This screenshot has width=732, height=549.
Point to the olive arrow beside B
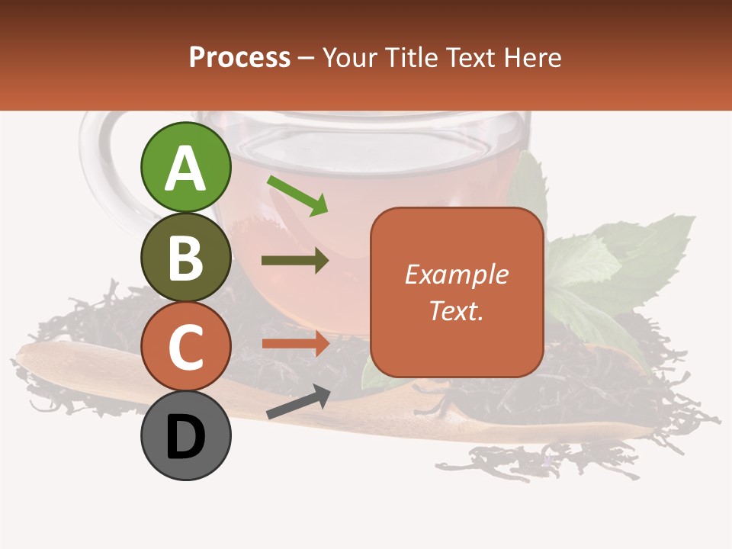point(295,261)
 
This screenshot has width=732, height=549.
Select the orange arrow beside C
point(295,344)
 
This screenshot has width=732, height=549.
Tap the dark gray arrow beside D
point(298,402)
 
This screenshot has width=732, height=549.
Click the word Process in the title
point(239,57)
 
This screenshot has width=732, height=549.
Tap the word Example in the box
point(456,274)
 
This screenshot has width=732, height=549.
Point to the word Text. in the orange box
point(456,310)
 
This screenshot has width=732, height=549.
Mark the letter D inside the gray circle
point(185,438)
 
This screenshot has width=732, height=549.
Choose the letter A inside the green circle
point(186,169)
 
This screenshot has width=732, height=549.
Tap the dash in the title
point(307,59)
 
